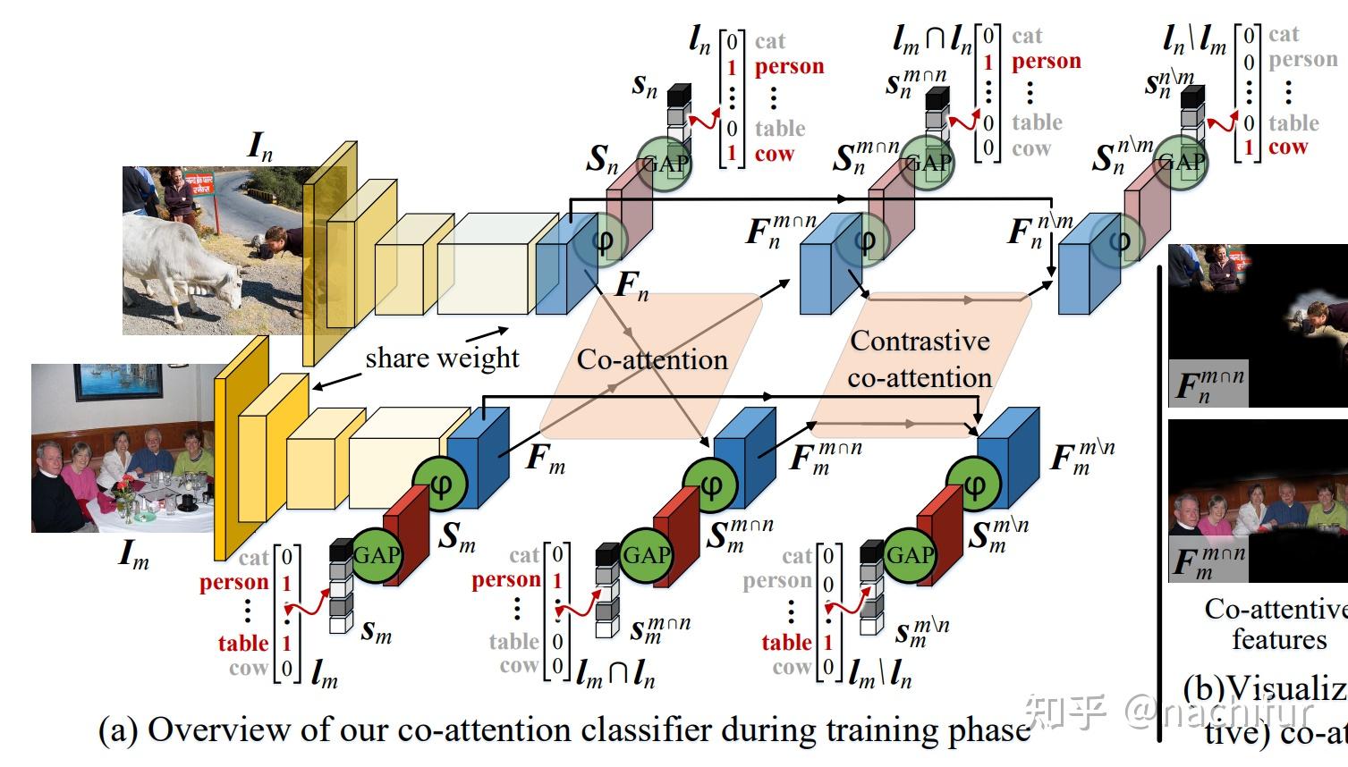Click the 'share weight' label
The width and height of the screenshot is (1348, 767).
point(442,358)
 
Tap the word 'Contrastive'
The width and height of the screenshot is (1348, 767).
point(920,341)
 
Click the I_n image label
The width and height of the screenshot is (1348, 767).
point(260,146)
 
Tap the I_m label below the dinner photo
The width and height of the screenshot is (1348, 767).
point(134,555)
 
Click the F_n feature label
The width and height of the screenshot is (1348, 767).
point(632,285)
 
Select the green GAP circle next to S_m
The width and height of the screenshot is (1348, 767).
point(376,554)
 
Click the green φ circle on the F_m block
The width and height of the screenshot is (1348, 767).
point(438,484)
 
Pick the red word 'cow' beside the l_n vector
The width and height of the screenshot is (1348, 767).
point(774,154)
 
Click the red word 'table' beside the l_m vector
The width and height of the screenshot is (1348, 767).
point(243,643)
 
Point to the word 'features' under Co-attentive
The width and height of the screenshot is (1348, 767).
point(1279,640)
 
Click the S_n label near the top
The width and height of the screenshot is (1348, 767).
point(602,159)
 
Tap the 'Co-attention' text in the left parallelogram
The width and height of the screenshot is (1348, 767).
point(652,359)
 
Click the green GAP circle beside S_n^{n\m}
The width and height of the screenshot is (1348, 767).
point(1181,163)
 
